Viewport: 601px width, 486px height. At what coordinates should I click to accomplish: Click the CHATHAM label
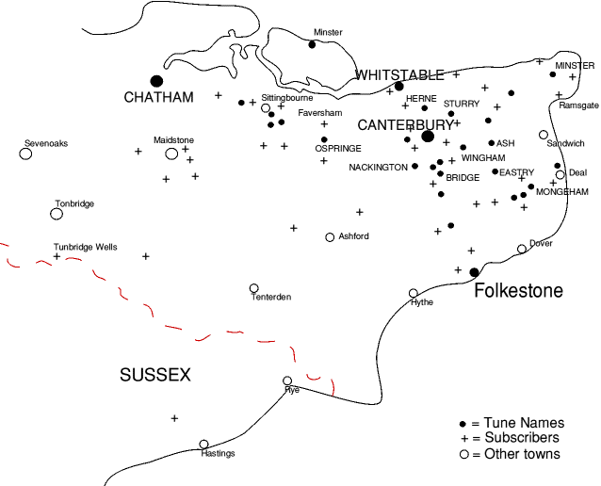pos(159,98)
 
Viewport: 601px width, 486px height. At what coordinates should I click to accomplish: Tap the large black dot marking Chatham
pos(156,81)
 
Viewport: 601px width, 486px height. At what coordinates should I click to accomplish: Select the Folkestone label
pos(518,290)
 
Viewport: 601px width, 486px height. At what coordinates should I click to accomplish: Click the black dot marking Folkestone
pos(474,272)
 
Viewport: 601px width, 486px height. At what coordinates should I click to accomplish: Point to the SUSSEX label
pos(155,376)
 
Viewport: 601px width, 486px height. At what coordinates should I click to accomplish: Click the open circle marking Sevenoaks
pos(25,154)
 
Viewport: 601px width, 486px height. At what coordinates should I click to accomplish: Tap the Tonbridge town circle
pos(57,214)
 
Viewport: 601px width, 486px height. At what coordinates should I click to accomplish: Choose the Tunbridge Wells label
pos(85,247)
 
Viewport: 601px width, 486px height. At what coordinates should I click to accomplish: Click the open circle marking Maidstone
pos(171,154)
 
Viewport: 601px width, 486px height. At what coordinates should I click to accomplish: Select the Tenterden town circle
pos(253,288)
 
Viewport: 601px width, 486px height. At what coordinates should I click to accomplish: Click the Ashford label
pos(353,236)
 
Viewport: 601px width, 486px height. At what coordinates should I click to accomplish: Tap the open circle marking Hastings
pos(203,445)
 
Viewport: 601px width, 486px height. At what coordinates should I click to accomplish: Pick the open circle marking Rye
pos(287,381)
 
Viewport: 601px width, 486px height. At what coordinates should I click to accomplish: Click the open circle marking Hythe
pos(413,293)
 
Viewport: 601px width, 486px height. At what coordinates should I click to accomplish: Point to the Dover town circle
pos(522,249)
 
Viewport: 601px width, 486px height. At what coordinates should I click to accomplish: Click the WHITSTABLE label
pos(399,74)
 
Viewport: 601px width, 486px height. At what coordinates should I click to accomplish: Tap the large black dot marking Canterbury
pos(428,137)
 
